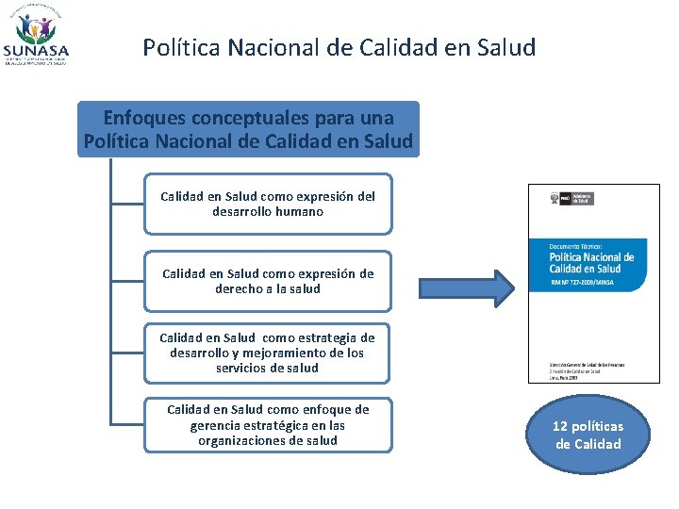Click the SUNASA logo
(36, 37)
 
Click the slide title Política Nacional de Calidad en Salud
(339, 47)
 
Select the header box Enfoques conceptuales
(248, 129)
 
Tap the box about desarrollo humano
(267, 204)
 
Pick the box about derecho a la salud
(267, 281)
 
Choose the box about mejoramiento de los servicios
(267, 353)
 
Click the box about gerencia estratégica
(267, 425)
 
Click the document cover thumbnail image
(594, 283)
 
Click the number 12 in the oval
(562, 426)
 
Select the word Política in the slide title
(177, 47)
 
